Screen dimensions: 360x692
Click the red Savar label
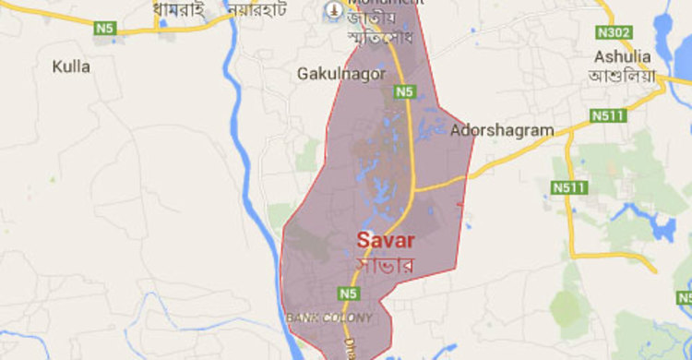point(386,241)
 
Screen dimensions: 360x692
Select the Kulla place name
point(71,66)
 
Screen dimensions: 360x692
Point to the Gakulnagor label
point(342,72)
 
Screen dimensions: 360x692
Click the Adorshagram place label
point(502,131)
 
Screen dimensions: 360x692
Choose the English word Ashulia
point(624,55)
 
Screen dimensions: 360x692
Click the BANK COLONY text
point(329,318)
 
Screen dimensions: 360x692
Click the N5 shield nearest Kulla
point(104,29)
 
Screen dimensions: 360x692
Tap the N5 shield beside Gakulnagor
point(404,91)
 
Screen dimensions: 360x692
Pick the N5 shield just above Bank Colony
point(347,294)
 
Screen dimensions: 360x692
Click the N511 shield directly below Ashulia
point(603,115)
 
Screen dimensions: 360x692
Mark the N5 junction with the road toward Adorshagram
point(412,191)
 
